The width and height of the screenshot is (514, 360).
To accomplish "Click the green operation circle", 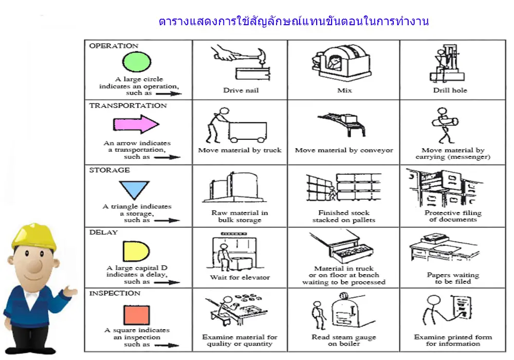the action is click(136, 62).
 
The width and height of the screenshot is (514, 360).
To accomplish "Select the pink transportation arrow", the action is click(136, 124).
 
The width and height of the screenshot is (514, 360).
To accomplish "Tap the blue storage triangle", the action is click(134, 189).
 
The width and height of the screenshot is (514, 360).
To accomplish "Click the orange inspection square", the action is click(136, 315).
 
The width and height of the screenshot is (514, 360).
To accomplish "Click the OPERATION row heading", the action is click(114, 46).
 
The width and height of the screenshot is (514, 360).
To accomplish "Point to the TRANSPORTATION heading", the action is click(128, 105).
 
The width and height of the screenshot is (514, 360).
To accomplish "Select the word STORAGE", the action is click(109, 170).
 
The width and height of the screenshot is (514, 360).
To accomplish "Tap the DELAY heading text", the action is click(103, 232).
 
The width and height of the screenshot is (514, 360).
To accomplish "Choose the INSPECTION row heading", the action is click(115, 293).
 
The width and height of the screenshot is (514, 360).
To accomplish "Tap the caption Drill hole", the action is click(450, 90).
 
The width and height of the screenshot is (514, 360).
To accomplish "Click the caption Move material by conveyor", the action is click(344, 150).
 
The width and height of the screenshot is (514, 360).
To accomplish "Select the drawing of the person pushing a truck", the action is click(236, 125).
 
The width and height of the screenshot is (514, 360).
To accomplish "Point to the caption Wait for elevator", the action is click(240, 277).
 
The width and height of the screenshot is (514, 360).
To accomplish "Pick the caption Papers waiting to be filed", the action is click(453, 278).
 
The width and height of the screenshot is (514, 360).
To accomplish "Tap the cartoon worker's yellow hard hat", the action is click(34, 236).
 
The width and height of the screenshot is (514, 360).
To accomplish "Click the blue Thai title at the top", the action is click(293, 21).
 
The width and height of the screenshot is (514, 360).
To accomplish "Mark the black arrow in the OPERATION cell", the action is click(169, 94).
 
